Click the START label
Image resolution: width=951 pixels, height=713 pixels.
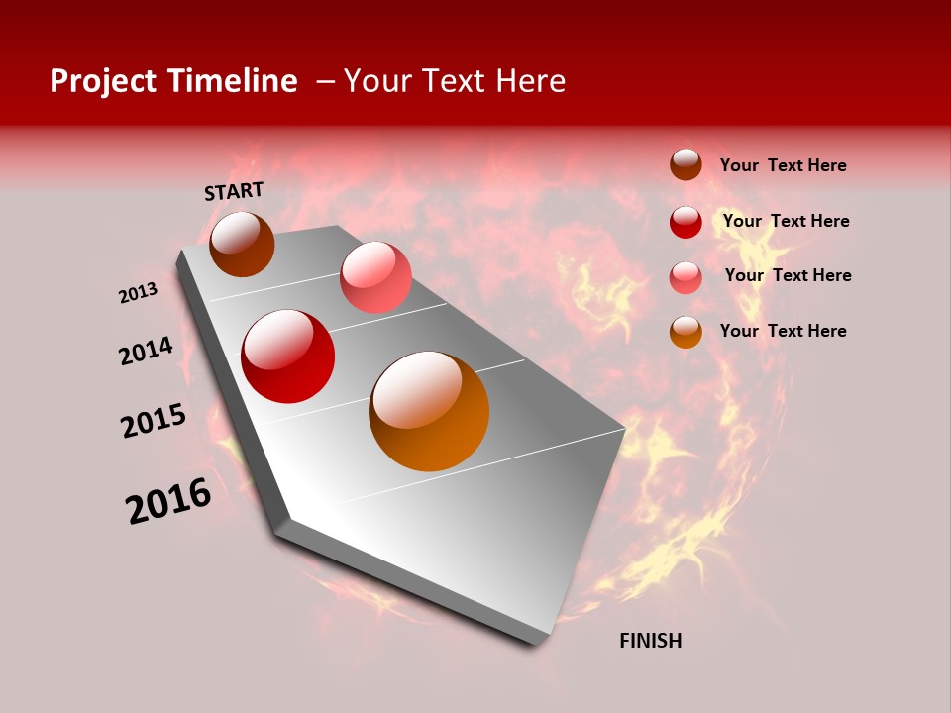234,191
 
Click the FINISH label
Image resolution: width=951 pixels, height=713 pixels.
650,641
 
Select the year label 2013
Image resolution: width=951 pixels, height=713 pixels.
139,292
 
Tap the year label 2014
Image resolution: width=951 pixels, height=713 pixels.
146,351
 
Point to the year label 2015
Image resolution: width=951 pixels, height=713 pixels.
154,421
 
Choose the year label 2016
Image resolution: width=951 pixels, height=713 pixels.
168,501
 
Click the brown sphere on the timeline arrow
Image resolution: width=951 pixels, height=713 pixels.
242,244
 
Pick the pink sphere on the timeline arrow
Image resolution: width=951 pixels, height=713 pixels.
375,277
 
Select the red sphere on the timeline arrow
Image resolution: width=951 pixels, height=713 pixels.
288,356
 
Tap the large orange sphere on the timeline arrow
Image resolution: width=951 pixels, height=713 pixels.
429,411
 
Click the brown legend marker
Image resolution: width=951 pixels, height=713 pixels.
686,164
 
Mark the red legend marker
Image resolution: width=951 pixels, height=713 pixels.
686,222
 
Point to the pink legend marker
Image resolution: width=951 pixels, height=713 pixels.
686,277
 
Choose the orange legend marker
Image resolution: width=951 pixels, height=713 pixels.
686,332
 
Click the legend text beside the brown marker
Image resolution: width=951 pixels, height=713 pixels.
783,165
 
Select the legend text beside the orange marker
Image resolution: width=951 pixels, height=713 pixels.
783,331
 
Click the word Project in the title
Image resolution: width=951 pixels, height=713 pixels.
103,81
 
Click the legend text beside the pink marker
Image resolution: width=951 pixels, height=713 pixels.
788,275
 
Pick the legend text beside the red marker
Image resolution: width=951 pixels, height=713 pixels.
786,221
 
